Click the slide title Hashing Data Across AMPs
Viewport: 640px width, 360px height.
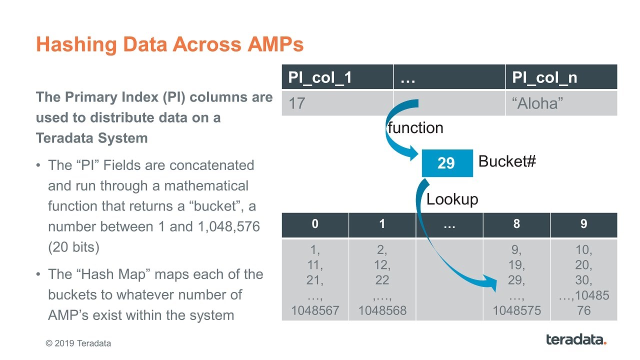[169, 45]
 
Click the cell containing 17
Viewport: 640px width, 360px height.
[297, 103]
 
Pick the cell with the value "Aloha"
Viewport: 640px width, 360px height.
[537, 103]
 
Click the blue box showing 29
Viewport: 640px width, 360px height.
[446, 163]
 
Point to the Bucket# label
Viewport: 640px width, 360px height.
[507, 161]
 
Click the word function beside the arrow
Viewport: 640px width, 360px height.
[415, 128]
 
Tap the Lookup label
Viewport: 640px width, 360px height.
[452, 199]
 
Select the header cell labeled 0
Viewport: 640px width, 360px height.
[315, 224]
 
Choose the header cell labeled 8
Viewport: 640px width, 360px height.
[516, 224]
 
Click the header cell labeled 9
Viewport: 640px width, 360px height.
[583, 224]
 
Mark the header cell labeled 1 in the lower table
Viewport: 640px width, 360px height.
[382, 224]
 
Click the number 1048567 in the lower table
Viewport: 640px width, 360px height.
[315, 310]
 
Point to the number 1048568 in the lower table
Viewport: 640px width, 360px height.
[382, 310]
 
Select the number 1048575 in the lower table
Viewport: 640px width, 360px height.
[516, 310]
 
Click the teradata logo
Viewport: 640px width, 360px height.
[576, 339]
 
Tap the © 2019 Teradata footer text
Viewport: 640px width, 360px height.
[78, 343]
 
